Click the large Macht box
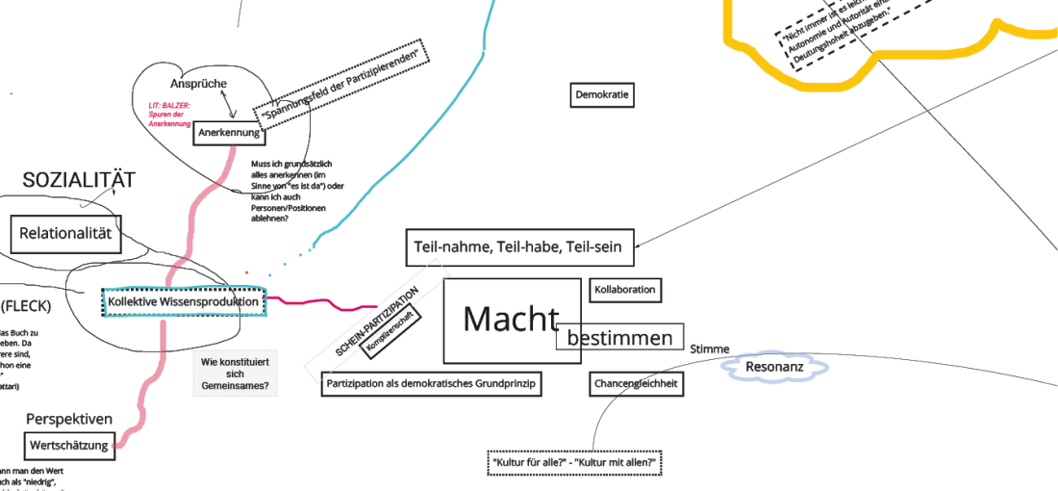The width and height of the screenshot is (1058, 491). (512, 321)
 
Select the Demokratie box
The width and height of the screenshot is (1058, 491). (602, 95)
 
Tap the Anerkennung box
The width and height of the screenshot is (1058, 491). (229, 133)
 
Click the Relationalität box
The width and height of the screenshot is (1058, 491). (65, 233)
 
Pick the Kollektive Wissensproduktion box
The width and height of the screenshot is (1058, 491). (183, 302)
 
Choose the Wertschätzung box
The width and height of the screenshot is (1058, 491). (69, 444)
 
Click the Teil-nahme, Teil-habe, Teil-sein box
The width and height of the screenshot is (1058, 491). (517, 247)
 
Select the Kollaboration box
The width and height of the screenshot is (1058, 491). (624, 290)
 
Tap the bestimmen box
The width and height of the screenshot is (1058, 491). (619, 338)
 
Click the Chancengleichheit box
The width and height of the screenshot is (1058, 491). (636, 384)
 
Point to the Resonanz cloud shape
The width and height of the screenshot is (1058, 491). (774, 367)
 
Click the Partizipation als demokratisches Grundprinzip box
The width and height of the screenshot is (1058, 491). (431, 384)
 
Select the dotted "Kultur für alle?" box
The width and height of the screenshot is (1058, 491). (575, 463)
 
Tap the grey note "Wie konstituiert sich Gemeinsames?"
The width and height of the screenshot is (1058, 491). (235, 375)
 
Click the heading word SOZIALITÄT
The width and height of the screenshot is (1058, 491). (79, 180)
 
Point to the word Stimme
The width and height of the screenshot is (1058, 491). (709, 349)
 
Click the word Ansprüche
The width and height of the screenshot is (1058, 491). (198, 84)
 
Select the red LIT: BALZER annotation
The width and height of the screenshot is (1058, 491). (170, 115)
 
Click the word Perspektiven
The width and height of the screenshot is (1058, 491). (69, 420)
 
